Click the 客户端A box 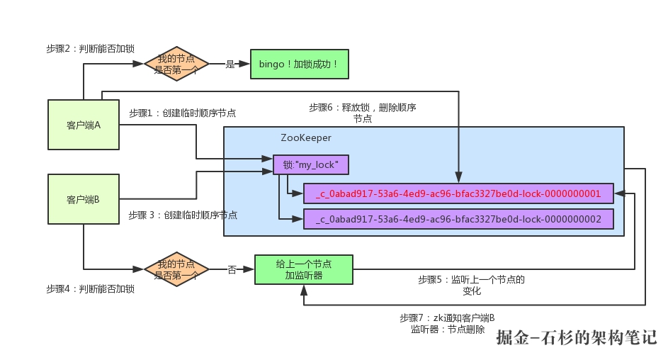coord(83,125)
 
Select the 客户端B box coord(83,199)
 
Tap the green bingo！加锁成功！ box coord(300,64)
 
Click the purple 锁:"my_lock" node coord(311,165)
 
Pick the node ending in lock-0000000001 coord(458,193)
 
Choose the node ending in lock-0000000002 coord(458,220)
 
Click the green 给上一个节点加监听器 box coord(303,269)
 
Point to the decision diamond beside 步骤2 coord(176,64)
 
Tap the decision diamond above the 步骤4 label coord(176,269)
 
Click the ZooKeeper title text coord(306,137)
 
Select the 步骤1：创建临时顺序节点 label coord(183,113)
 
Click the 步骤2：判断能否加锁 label coord(90,48)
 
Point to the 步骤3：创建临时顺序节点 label coord(183,215)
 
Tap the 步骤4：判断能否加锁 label coord(90,289)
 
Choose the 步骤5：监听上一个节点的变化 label coord(471,285)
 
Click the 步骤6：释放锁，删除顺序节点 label coord(362,113)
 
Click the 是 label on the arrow coord(230,64)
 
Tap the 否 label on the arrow coord(232,269)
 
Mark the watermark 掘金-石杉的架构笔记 coord(577,338)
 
